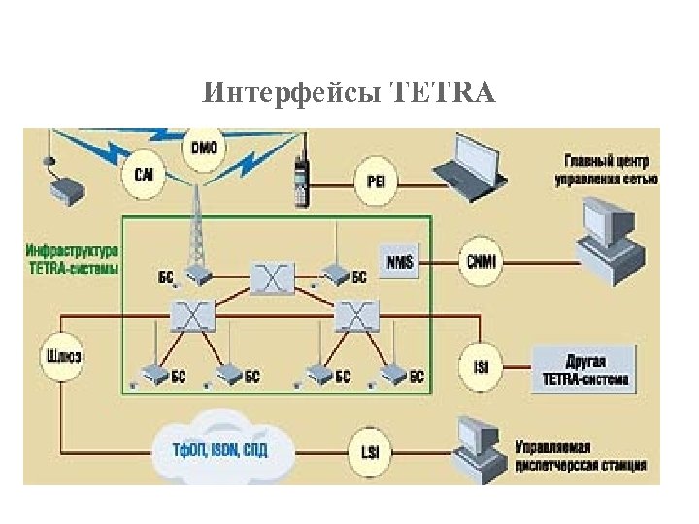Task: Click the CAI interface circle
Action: tap(143, 176)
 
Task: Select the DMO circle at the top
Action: tap(205, 148)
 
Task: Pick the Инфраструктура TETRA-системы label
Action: tap(74, 258)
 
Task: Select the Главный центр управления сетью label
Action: tap(606, 169)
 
